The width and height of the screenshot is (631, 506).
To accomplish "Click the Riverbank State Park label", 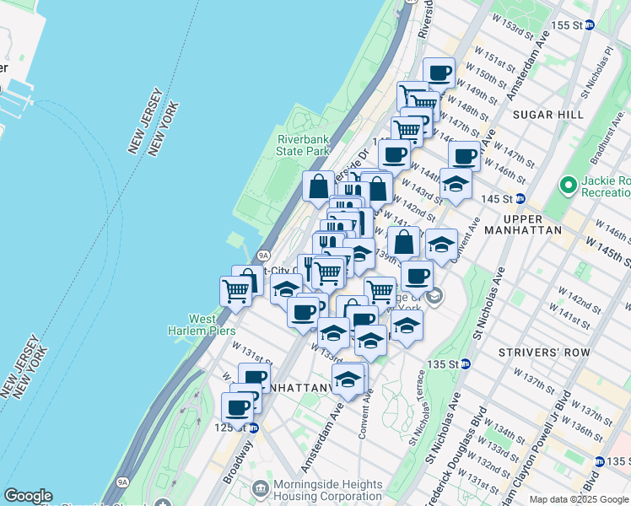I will (303, 144).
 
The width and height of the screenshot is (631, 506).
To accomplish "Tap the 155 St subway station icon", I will (590, 24).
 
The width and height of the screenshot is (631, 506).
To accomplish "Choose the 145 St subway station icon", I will (520, 198).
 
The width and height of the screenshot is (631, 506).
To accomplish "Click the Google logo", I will (28, 496).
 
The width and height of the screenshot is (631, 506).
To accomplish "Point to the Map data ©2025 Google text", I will (578, 499).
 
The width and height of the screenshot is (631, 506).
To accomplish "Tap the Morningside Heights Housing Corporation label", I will (320, 490).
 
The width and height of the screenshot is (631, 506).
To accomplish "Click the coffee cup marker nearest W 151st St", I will (438, 73).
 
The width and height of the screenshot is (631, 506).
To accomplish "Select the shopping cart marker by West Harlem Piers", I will (235, 290).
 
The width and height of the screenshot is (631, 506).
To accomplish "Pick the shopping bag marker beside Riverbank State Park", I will (319, 186).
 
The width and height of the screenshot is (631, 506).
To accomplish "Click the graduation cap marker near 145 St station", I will (456, 183).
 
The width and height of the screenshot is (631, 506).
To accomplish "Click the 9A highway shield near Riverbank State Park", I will (263, 254).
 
